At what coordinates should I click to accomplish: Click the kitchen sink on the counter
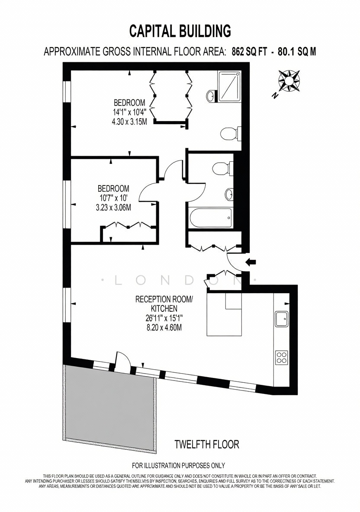point(281,319)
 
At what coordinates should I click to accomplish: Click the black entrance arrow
point(251,262)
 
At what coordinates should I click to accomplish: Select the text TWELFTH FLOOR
point(207,445)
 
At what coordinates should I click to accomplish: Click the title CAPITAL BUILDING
point(180,31)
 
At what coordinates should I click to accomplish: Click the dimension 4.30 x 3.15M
point(129,122)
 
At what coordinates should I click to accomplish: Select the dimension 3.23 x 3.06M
point(113,207)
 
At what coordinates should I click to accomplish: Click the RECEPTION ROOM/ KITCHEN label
point(164,304)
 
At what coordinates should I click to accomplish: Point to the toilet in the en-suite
point(231,133)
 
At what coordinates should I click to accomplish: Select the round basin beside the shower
point(211,96)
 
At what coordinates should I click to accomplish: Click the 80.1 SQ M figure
point(297,51)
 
